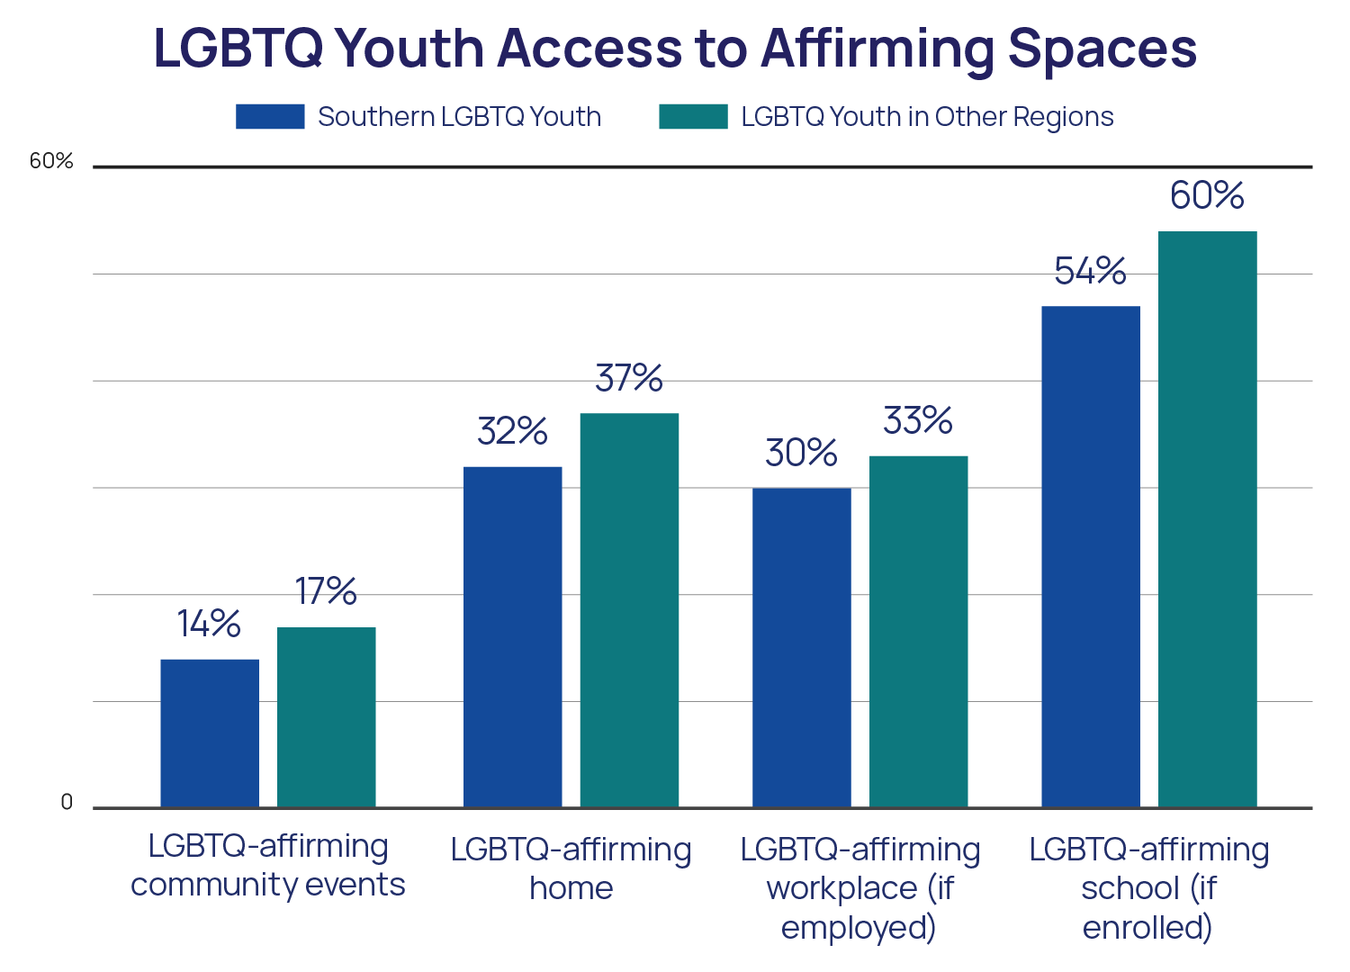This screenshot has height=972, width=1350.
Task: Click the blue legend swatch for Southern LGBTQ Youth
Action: point(270,117)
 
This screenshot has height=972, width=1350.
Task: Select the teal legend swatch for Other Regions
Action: point(693,117)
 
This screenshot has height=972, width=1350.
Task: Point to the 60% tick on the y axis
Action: point(51,161)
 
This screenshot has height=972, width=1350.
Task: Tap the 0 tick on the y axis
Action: point(66,803)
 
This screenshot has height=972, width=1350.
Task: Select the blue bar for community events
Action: point(210,733)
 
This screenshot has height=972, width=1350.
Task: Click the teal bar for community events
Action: point(326,716)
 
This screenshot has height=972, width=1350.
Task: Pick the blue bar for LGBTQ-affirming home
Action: point(513,636)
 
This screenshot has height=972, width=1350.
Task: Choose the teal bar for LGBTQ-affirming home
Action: point(629,609)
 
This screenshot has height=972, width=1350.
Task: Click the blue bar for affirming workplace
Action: point(802,647)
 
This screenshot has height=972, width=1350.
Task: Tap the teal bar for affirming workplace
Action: point(918,631)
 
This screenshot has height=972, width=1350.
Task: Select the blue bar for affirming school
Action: point(1091,556)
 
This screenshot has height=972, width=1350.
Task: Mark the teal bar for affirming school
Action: point(1207,518)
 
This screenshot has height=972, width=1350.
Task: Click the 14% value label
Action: point(209,624)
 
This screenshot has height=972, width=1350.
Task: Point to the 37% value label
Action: point(629,378)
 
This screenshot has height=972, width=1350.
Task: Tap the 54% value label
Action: point(1090,271)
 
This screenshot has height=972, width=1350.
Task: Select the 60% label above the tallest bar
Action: point(1207,195)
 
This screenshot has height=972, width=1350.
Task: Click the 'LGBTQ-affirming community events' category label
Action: point(268,866)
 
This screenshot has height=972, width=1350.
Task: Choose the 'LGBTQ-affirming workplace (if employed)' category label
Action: point(859,887)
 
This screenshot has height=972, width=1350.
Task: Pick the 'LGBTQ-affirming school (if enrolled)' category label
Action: point(1149,887)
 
